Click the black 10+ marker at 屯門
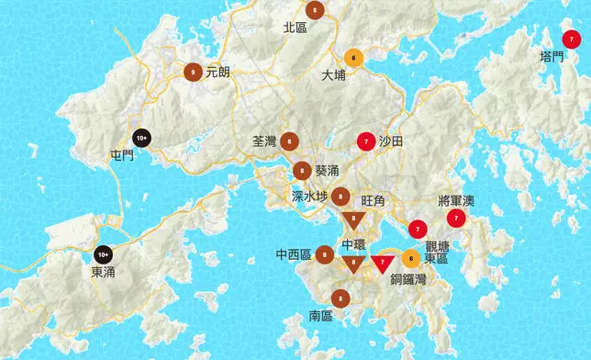[141, 138]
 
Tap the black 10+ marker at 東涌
[103, 253]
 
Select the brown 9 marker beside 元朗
[194, 71]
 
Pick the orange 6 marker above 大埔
[353, 58]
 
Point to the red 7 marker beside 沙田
[366, 141]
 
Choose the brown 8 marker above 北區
[316, 11]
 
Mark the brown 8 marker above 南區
[340, 298]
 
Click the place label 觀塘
[437, 246]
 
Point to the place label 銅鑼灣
[407, 279]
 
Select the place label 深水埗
[309, 197]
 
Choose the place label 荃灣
[263, 141]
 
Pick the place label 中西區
[294, 254]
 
